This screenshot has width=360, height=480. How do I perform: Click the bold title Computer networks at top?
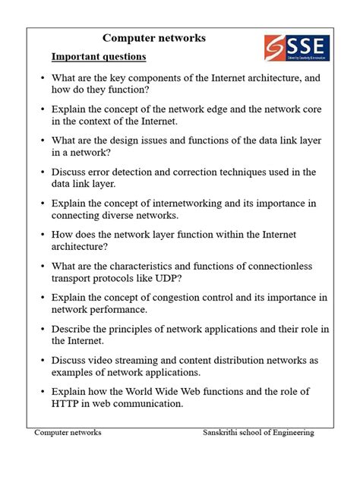click(x=154, y=38)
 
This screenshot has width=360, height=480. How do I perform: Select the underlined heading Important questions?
click(x=99, y=57)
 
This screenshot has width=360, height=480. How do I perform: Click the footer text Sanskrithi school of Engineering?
click(x=258, y=432)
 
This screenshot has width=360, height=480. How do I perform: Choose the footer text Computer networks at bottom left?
click(x=68, y=432)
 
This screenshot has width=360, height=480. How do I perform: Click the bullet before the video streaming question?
click(x=43, y=361)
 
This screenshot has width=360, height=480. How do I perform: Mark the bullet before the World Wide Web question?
click(x=43, y=392)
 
